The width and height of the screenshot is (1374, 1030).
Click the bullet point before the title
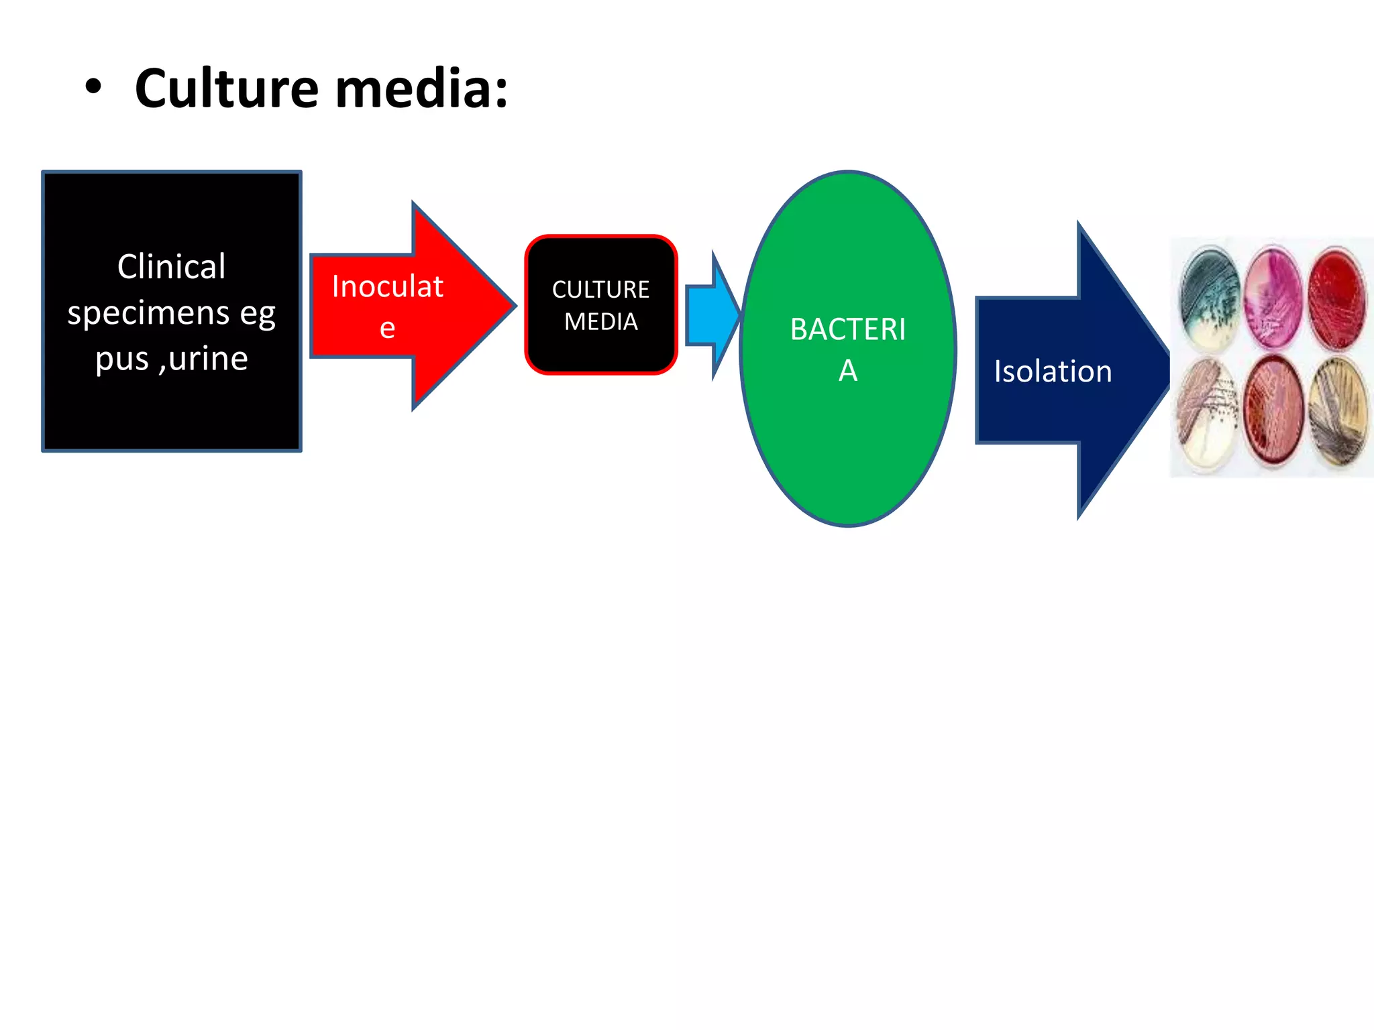(93, 88)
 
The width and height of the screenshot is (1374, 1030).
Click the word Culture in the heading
(226, 89)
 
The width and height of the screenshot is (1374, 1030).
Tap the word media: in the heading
(421, 89)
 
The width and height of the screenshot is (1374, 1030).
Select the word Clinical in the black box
(171, 266)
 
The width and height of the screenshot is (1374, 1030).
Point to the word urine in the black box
(208, 358)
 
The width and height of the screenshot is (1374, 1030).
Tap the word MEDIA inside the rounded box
(600, 322)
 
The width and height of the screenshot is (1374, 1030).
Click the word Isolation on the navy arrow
(1052, 371)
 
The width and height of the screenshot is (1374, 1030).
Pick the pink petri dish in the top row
(1272, 297)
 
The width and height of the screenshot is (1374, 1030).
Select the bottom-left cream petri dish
(1208, 412)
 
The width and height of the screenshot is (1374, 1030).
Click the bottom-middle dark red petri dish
(1273, 411)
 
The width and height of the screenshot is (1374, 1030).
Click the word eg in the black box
(258, 313)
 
